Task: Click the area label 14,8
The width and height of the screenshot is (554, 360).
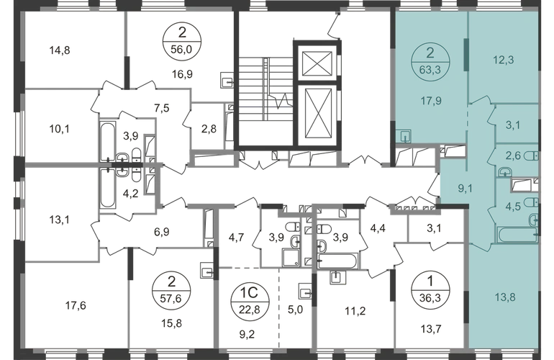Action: [x=60, y=50]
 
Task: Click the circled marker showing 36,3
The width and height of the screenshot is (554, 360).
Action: [x=430, y=292]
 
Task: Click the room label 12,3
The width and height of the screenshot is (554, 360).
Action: [x=504, y=60]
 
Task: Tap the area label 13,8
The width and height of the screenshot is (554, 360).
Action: [x=505, y=297]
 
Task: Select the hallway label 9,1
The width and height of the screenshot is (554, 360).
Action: [x=466, y=189]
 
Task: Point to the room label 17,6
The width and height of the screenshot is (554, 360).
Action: [x=76, y=305]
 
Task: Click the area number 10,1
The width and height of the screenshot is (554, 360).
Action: [x=59, y=130]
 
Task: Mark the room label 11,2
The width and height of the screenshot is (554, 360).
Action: [x=355, y=311]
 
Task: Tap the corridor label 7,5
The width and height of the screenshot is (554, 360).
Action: [x=162, y=108]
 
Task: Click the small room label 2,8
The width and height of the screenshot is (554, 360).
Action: [x=209, y=130]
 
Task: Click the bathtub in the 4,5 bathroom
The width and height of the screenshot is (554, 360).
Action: [x=517, y=235]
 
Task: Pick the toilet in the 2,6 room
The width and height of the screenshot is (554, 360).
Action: [x=531, y=156]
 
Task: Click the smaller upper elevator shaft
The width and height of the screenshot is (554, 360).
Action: [x=317, y=63]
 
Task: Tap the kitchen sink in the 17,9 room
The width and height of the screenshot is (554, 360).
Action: [x=404, y=136]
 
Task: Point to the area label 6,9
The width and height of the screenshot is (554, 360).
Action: [x=162, y=232]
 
